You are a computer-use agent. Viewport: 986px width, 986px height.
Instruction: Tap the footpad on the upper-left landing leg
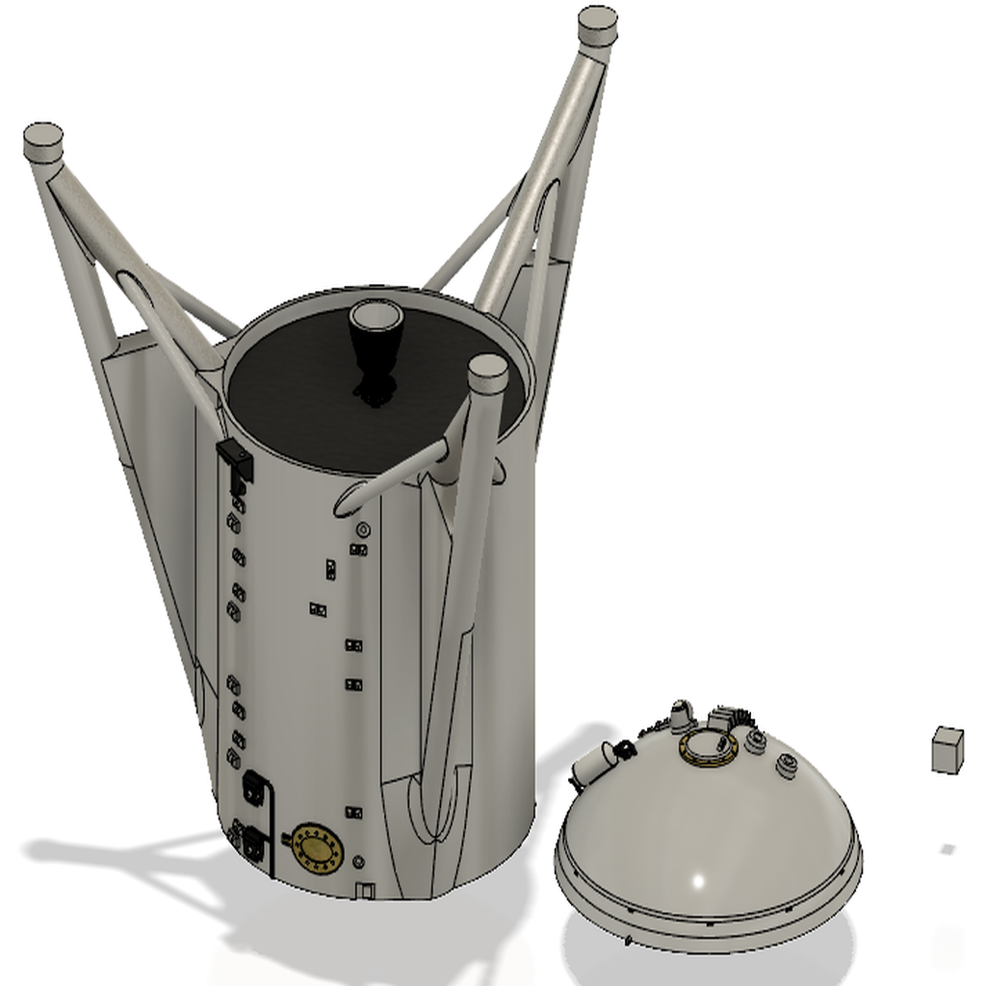pyautogui.click(x=43, y=143)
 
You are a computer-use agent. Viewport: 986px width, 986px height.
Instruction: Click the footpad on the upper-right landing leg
pyautogui.click(x=597, y=26)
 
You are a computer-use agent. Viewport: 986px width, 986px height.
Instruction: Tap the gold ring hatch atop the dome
pyautogui.click(x=709, y=746)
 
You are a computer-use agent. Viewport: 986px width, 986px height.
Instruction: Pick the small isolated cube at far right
pyautogui.click(x=947, y=749)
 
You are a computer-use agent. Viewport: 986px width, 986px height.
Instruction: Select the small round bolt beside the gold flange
pyautogui.click(x=359, y=862)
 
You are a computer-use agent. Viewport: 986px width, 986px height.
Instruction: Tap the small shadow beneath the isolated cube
pyautogui.click(x=947, y=849)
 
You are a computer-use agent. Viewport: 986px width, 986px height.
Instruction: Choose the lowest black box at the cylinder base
pyautogui.click(x=254, y=845)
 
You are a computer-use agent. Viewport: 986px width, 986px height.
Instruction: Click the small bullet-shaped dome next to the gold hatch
pyautogui.click(x=682, y=716)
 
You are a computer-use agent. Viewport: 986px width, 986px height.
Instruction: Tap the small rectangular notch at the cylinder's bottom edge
pyautogui.click(x=364, y=891)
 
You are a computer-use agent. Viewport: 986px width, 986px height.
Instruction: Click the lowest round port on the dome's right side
pyautogui.click(x=787, y=766)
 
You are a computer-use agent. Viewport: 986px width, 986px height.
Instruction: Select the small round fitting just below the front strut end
pyautogui.click(x=363, y=530)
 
